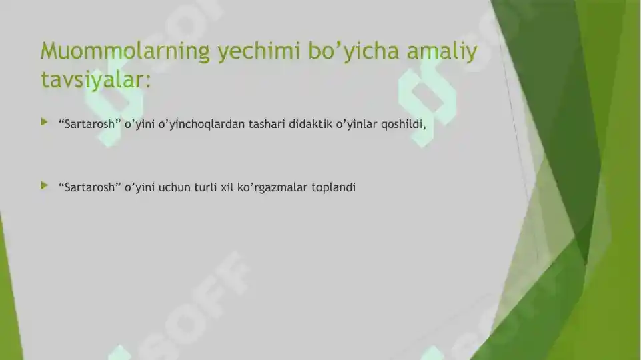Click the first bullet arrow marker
tap(44, 122)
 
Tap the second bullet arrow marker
tap(44, 185)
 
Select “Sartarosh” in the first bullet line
tap(89, 124)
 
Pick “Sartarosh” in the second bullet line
tap(89, 187)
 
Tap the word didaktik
tap(309, 124)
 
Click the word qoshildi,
tap(404, 124)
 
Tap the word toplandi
tap(334, 187)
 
